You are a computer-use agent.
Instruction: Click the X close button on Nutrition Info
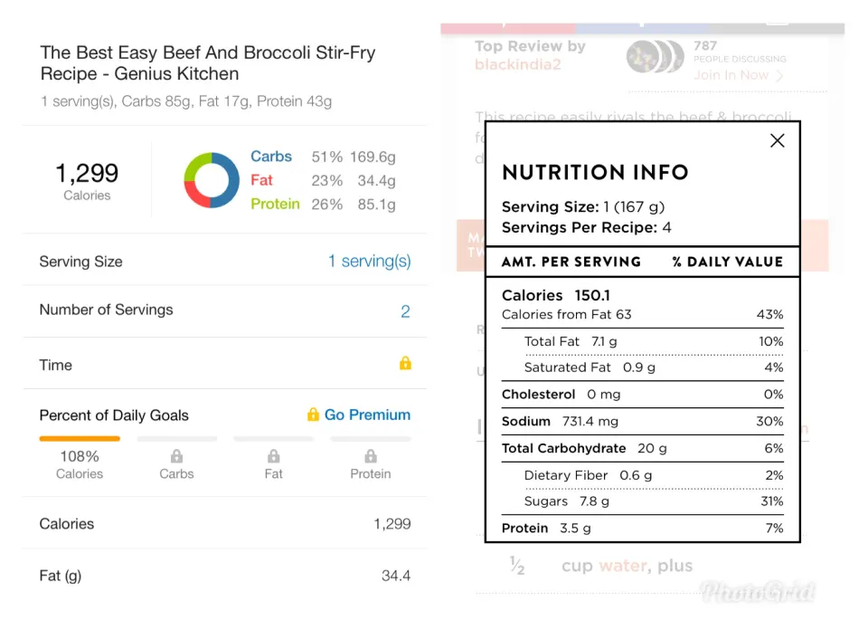pyautogui.click(x=777, y=141)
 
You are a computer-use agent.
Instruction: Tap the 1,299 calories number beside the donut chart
pyautogui.click(x=87, y=173)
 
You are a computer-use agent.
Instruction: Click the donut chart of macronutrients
pyautogui.click(x=212, y=180)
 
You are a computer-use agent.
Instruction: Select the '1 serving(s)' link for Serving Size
pyautogui.click(x=369, y=262)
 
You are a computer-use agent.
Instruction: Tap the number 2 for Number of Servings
pyautogui.click(x=405, y=311)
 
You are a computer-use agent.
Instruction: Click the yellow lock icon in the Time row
pyautogui.click(x=405, y=363)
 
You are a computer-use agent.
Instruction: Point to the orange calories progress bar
pyautogui.click(x=80, y=439)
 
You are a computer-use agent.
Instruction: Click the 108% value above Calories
pyautogui.click(x=80, y=457)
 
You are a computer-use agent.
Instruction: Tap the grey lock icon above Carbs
pyautogui.click(x=176, y=456)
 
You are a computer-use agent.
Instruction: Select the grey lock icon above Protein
pyautogui.click(x=371, y=456)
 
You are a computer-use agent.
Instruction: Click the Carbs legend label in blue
pyautogui.click(x=271, y=157)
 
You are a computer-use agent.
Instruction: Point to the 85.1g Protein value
pyautogui.click(x=376, y=205)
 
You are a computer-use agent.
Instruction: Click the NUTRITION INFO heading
pyautogui.click(x=595, y=173)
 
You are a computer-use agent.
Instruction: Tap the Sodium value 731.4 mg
pyautogui.click(x=589, y=422)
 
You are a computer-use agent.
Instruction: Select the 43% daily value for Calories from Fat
pyautogui.click(x=769, y=315)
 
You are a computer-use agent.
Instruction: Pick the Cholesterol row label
pyautogui.click(x=539, y=395)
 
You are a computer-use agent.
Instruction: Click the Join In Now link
pyautogui.click(x=732, y=75)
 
